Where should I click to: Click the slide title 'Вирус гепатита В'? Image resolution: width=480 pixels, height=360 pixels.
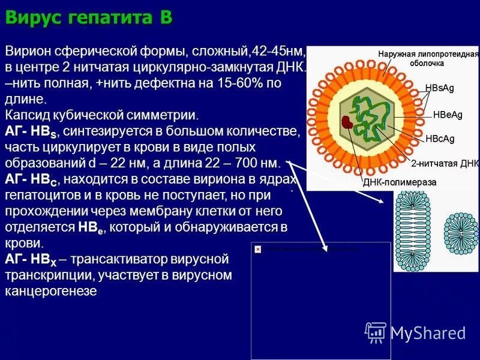[x=88, y=18]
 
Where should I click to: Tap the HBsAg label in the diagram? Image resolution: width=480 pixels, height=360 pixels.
[x=439, y=88]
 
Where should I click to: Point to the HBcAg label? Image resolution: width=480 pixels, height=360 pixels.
[x=440, y=139]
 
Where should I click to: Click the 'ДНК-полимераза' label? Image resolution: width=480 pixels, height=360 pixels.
[x=400, y=182]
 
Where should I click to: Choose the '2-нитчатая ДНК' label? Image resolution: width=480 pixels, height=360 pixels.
[x=445, y=163]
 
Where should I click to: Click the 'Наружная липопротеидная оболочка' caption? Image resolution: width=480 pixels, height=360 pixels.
[x=428, y=58]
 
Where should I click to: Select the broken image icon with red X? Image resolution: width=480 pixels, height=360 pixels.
[x=257, y=248]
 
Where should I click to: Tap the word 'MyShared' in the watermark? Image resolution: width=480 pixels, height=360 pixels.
[x=428, y=333]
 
